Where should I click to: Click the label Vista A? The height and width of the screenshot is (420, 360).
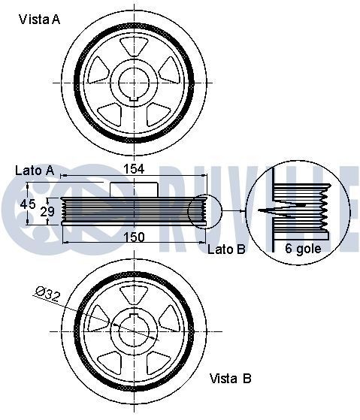click(39, 20)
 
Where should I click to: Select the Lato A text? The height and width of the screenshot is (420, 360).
click(34, 171)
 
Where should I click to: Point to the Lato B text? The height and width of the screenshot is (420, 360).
click(226, 249)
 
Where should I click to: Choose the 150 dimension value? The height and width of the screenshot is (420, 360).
click(133, 237)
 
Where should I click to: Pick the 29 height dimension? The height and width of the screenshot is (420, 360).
click(47, 213)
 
